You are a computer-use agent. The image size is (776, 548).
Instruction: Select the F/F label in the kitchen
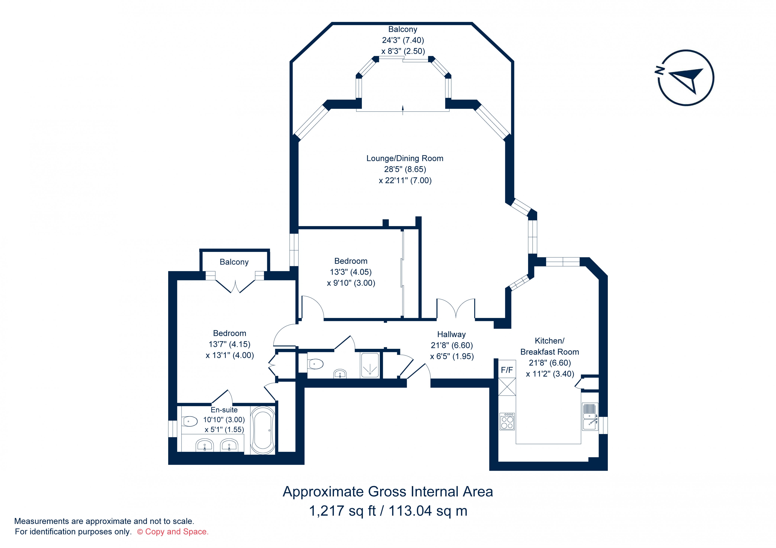click(507, 370)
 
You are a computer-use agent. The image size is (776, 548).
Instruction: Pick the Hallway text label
click(451, 335)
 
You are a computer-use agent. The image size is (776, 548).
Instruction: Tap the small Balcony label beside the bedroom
click(234, 262)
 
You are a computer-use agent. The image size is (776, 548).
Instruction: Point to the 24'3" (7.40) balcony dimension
click(403, 40)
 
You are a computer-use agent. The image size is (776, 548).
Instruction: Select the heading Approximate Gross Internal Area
click(388, 492)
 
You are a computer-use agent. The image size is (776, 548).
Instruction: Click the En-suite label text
click(224, 410)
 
